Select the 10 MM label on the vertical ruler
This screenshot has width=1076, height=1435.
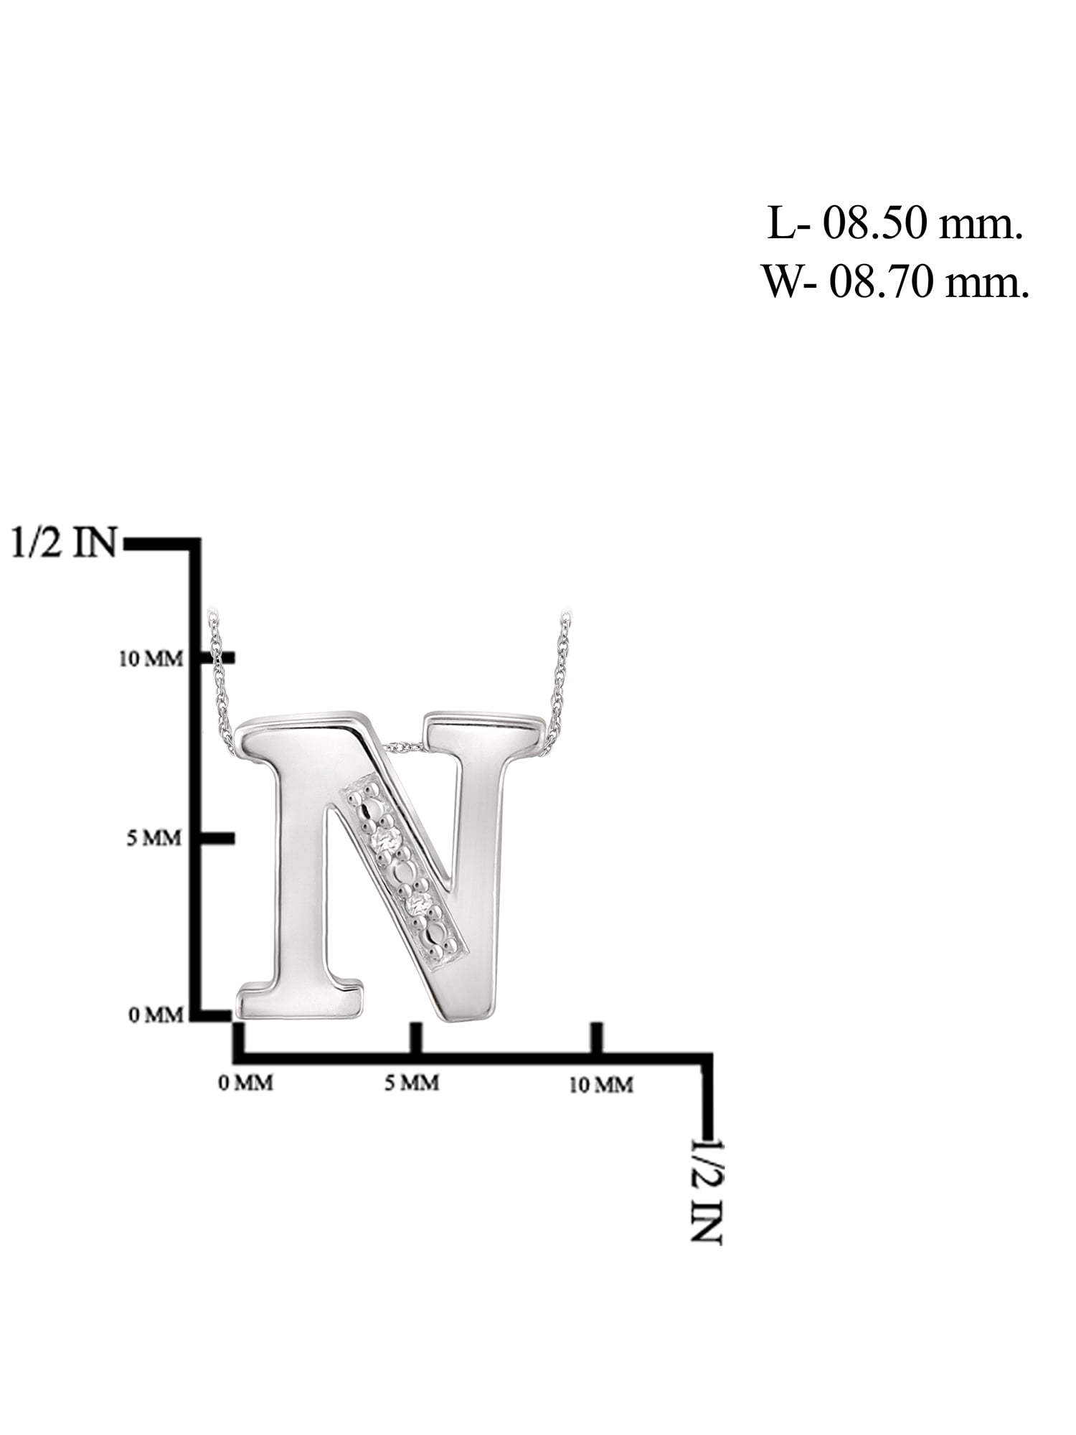pos(151,658)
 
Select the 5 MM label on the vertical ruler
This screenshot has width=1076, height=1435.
pos(154,837)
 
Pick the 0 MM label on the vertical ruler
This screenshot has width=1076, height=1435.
pos(156,1015)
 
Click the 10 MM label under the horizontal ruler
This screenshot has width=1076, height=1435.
pos(601,1085)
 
